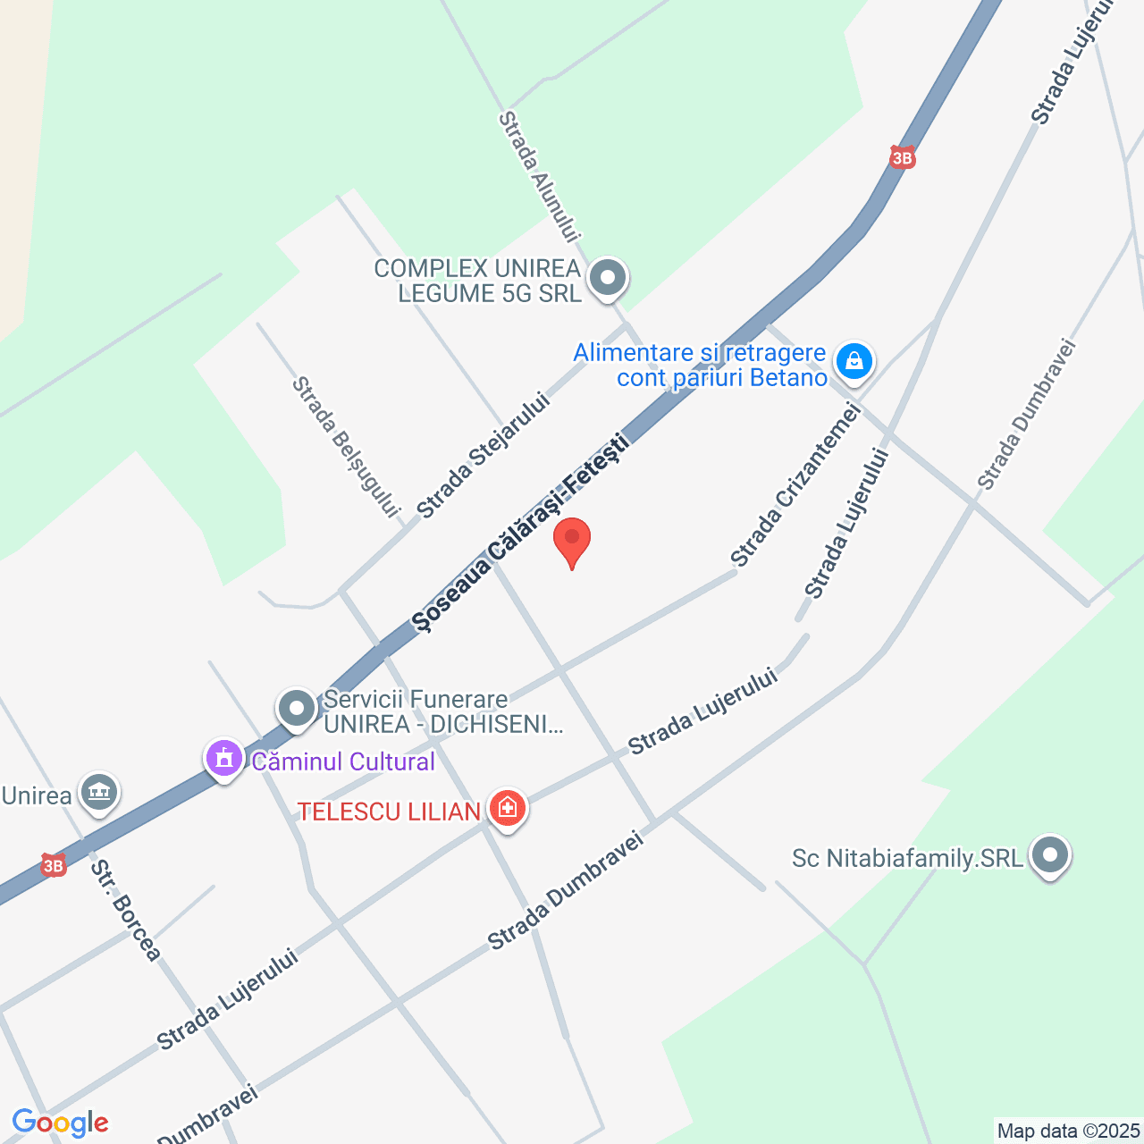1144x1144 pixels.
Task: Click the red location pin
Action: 572,541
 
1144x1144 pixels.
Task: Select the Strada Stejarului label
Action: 483,456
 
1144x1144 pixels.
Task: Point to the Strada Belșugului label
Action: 344,447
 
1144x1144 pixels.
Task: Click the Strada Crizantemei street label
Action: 795,485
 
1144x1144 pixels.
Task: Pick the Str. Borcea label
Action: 125,911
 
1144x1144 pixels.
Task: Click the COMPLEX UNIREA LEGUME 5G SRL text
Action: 477,281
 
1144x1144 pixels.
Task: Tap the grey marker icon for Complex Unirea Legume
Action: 609,278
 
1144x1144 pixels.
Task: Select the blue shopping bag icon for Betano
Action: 854,361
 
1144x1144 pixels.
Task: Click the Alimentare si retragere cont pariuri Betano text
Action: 701,365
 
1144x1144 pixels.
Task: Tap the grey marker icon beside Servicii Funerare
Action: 297,709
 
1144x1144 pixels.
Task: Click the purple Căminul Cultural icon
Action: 224,760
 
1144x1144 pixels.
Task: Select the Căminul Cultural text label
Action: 343,761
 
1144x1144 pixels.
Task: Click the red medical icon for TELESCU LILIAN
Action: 508,809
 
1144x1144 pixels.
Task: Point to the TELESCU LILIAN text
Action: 389,812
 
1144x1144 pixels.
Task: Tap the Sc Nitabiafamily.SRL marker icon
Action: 1050,856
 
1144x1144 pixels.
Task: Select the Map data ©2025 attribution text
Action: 1068,1131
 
